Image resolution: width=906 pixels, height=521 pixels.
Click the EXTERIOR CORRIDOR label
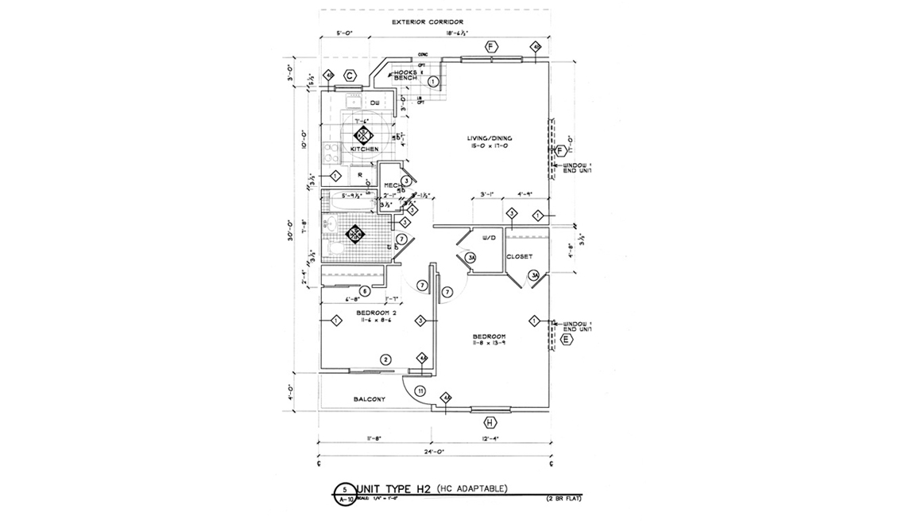click(428, 22)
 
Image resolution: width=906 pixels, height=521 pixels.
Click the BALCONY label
click(370, 399)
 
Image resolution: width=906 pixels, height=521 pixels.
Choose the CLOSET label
click(519, 256)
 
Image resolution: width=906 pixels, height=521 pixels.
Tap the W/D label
click(490, 237)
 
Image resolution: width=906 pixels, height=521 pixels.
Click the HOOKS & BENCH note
click(405, 76)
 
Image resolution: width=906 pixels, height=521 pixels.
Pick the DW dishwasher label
click(374, 104)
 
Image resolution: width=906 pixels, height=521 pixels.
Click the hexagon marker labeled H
click(490, 422)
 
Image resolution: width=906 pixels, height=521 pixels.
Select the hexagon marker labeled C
click(349, 76)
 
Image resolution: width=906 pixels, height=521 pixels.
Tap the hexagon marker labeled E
click(566, 340)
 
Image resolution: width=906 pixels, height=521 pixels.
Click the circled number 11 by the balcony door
click(420, 391)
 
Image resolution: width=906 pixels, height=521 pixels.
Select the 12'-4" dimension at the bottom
click(490, 437)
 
